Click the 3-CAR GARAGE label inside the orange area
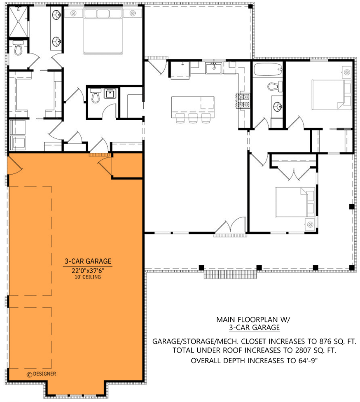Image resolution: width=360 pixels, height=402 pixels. [88, 261]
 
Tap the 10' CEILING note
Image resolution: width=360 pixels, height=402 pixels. [88, 277]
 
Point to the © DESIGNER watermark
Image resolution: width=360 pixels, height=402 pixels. [41, 374]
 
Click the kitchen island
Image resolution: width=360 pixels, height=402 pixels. [193, 105]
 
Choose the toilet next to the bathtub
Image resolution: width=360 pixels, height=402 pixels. [274, 86]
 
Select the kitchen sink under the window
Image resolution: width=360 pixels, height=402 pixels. [215, 67]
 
